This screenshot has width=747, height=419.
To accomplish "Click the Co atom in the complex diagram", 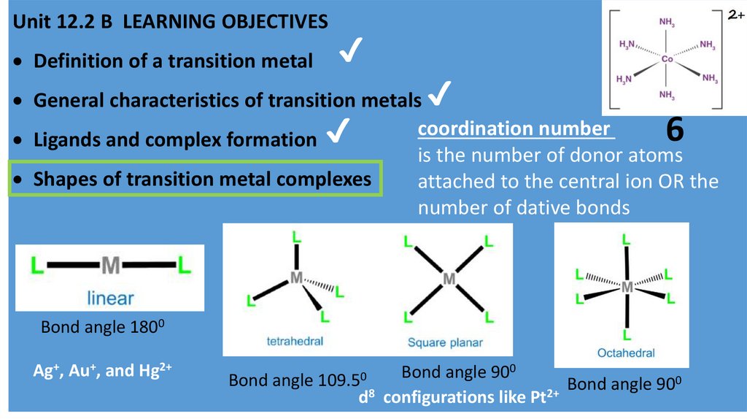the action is click(x=667, y=58).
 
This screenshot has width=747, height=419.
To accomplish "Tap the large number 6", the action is click(x=675, y=130).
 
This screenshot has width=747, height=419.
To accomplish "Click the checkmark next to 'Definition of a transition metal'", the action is click(x=351, y=56).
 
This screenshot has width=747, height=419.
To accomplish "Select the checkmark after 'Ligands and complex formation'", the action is click(x=336, y=134).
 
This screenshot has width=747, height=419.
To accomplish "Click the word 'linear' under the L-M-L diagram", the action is click(x=110, y=297).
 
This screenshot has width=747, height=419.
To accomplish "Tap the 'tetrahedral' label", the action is click(x=294, y=342).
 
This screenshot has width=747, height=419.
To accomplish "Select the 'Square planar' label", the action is click(x=445, y=342).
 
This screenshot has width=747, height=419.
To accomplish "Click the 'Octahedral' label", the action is click(x=626, y=353).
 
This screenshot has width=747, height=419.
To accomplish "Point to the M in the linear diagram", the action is click(x=110, y=265).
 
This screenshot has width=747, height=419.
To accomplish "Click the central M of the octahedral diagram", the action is click(x=627, y=288).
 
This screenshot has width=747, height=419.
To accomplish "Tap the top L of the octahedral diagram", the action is click(x=627, y=238).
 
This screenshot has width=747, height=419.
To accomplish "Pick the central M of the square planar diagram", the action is click(x=449, y=278).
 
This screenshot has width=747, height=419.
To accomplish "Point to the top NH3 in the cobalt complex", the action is click(x=667, y=22).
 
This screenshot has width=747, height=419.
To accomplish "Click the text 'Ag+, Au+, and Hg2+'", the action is click(x=102, y=370).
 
